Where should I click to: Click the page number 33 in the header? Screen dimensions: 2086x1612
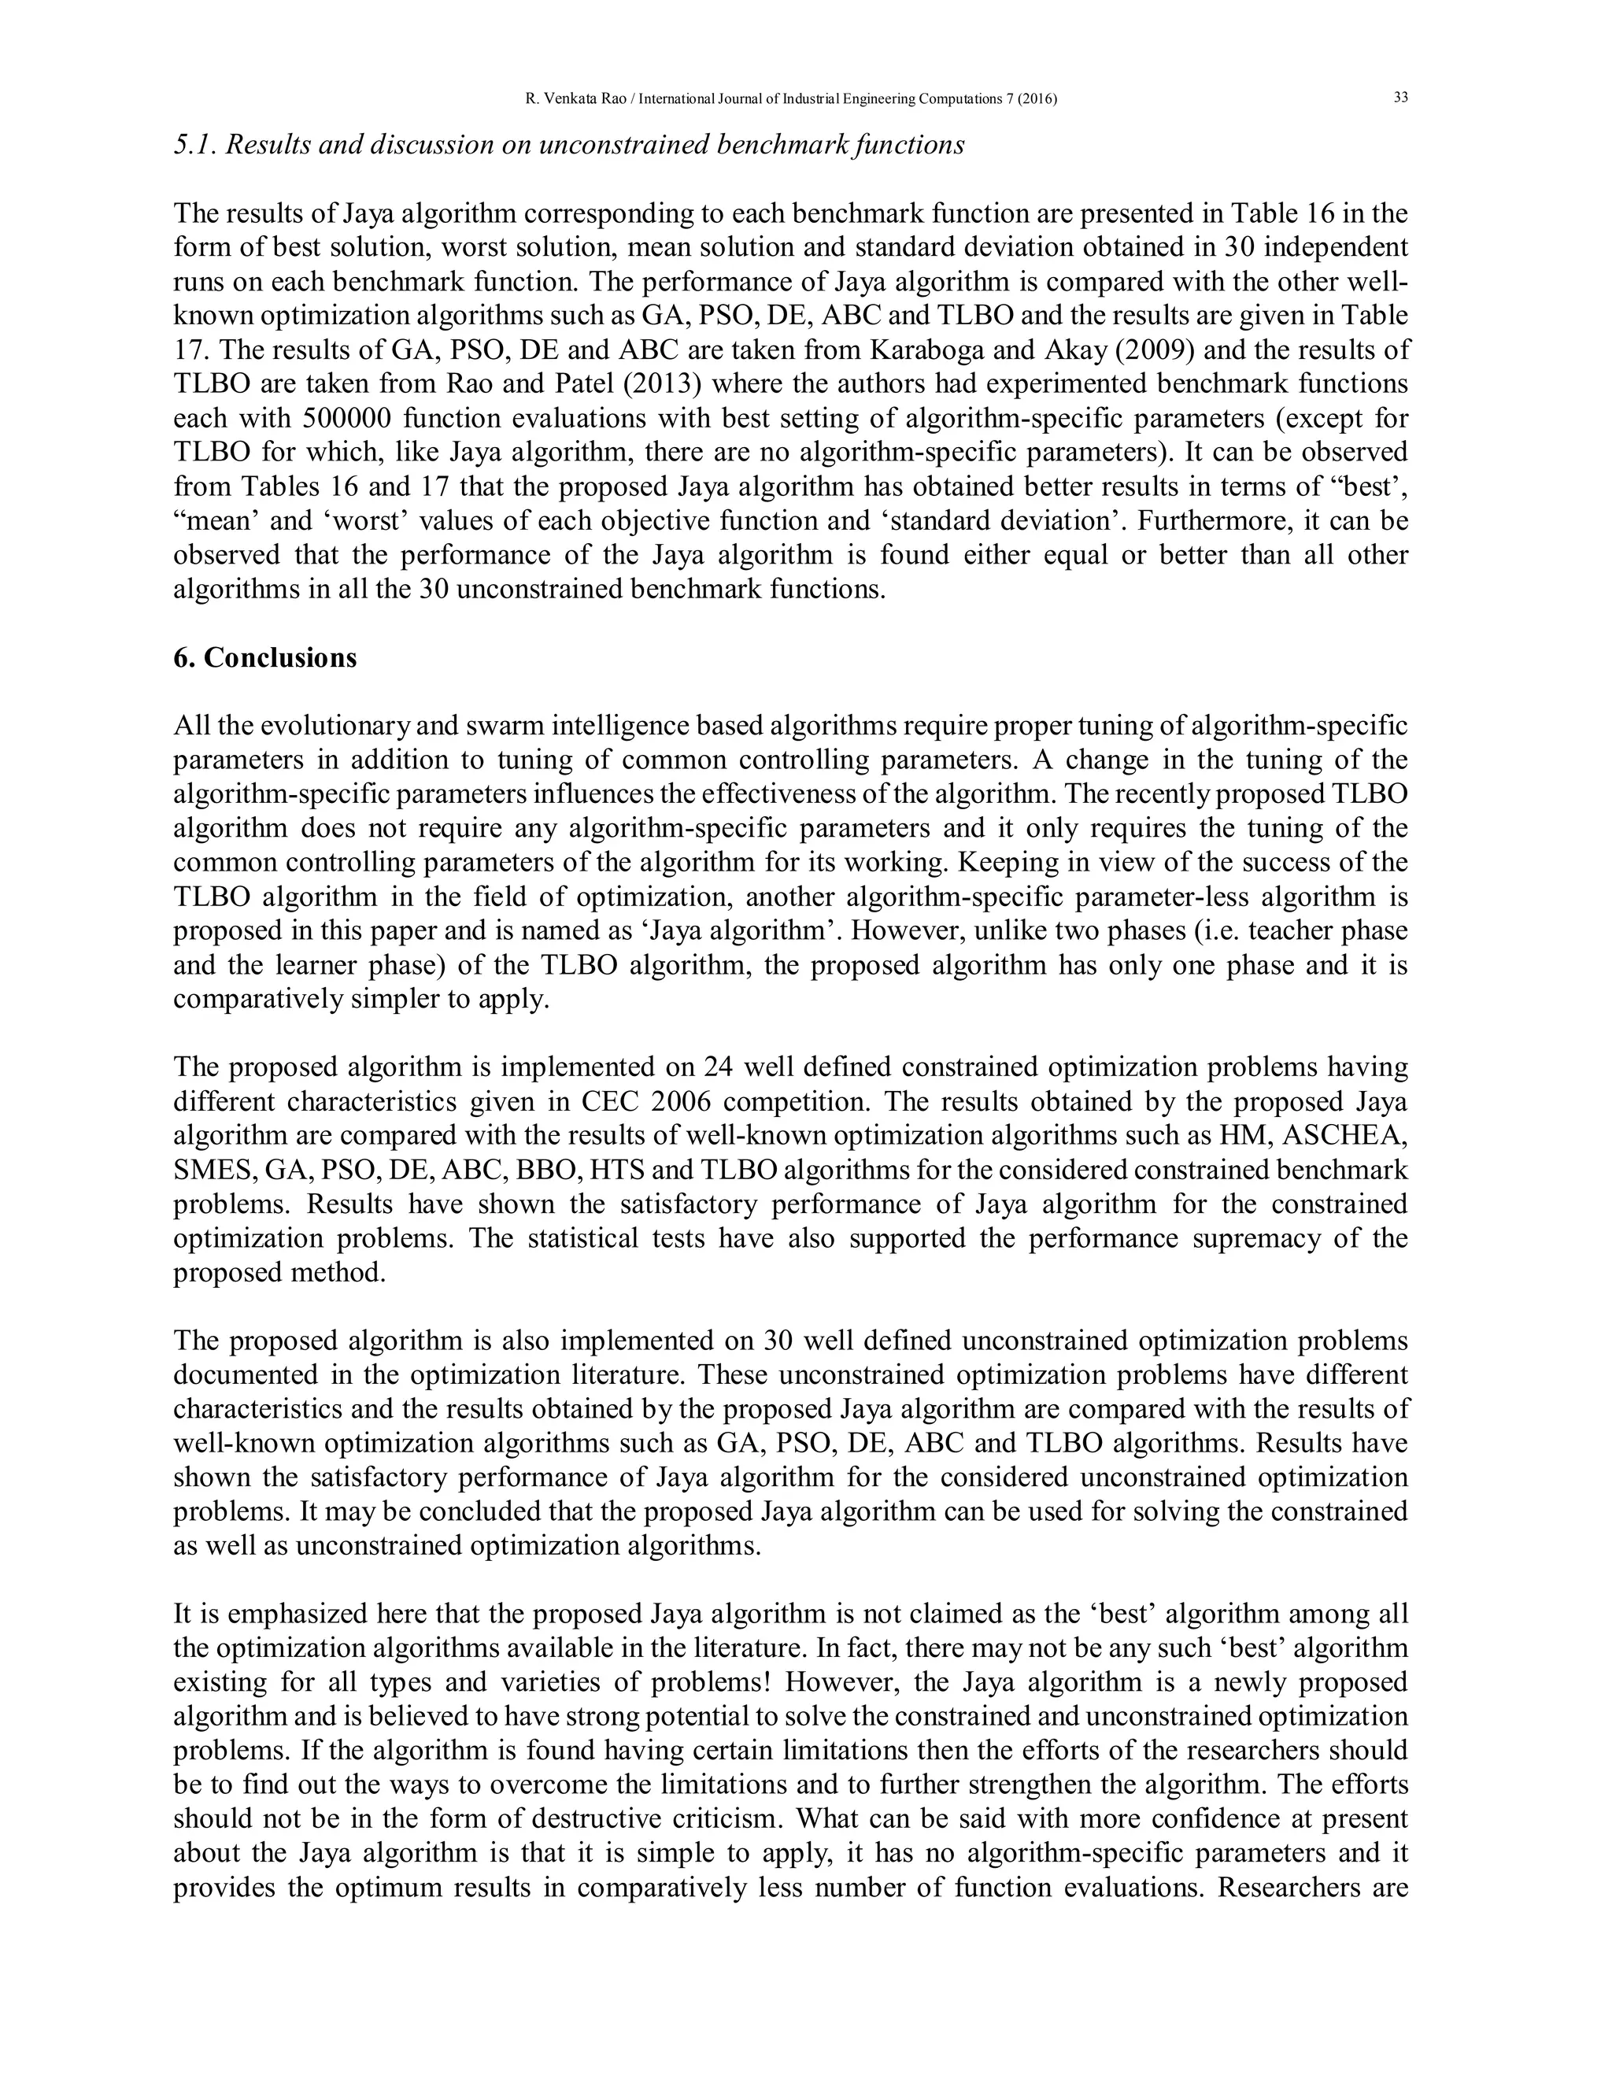(1401, 98)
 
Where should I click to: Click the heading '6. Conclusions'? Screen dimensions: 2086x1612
(264, 658)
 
